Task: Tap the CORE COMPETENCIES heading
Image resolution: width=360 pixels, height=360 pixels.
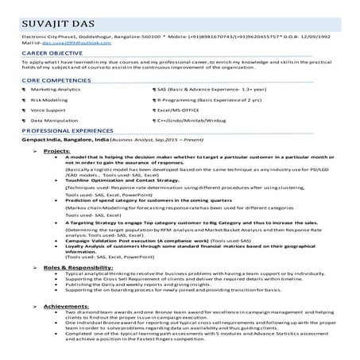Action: point(55,81)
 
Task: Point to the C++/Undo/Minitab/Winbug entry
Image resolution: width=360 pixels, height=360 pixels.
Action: point(195,121)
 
